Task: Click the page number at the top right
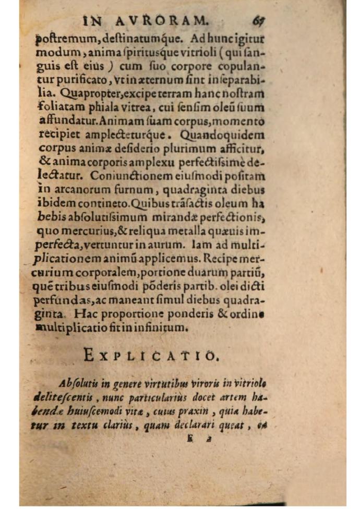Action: tap(257, 21)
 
